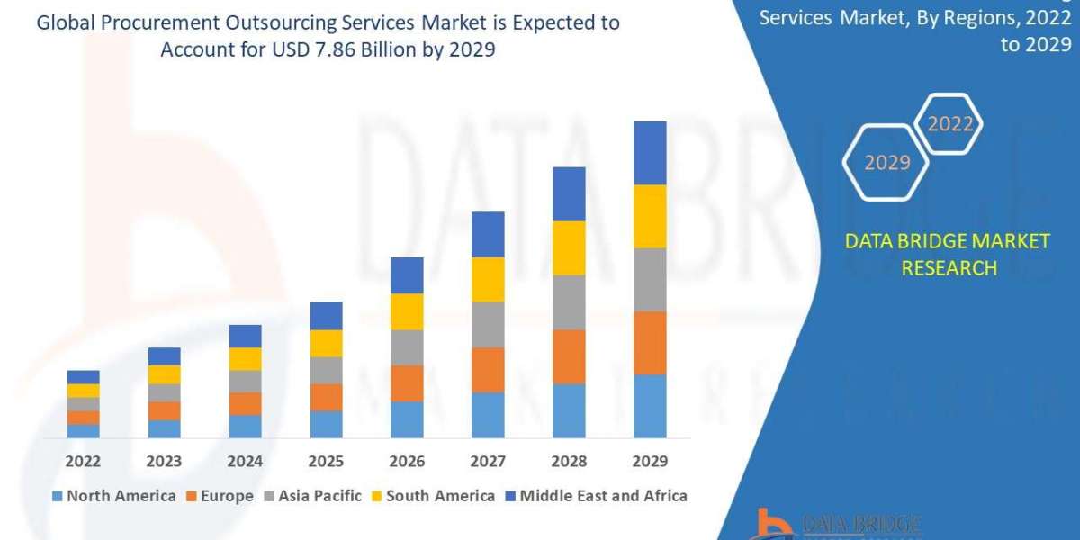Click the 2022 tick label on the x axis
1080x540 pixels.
[x=83, y=461]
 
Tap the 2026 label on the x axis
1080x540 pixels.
[x=407, y=461]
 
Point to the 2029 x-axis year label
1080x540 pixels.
[x=650, y=461]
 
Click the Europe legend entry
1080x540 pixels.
[x=220, y=496]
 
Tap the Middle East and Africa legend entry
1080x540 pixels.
[x=595, y=496]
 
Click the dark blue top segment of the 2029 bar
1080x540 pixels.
[x=650, y=153]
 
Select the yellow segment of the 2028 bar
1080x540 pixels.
[x=569, y=247]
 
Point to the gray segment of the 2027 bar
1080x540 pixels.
[x=488, y=324]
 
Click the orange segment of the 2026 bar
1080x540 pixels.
[x=407, y=382]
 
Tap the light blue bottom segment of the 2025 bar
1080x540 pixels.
[x=326, y=424]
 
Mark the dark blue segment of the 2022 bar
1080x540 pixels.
[x=83, y=376]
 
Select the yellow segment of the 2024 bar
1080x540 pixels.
[x=245, y=358]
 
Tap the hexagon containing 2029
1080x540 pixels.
[x=886, y=163]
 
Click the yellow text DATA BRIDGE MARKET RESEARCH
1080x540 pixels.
[x=949, y=254]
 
